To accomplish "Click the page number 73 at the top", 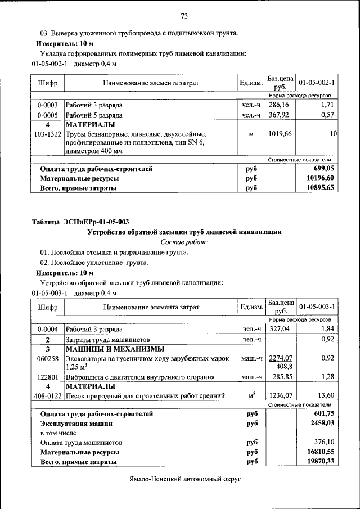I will click(184, 15).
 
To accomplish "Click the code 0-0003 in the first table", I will click(47, 105).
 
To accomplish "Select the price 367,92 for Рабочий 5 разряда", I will click(278, 115).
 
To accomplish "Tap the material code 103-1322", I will click(47, 134).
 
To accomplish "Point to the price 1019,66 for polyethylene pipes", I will click(278, 134).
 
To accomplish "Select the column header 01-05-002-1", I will click(317, 83).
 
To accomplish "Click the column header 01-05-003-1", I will click(317, 307).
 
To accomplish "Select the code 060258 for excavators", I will click(47, 358).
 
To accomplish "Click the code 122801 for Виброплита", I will click(47, 376).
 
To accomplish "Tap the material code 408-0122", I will click(47, 395).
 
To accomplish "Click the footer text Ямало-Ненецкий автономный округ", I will click(184, 480).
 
